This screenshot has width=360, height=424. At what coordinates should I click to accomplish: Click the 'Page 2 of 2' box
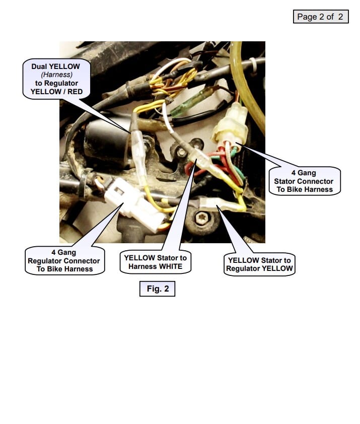[x=320, y=17]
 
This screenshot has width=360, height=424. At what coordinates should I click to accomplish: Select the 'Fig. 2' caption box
[x=157, y=289]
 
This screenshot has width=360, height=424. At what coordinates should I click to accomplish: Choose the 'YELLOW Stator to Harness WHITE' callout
[x=155, y=262]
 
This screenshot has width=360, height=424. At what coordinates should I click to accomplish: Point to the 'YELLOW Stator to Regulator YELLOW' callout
[x=259, y=264]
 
